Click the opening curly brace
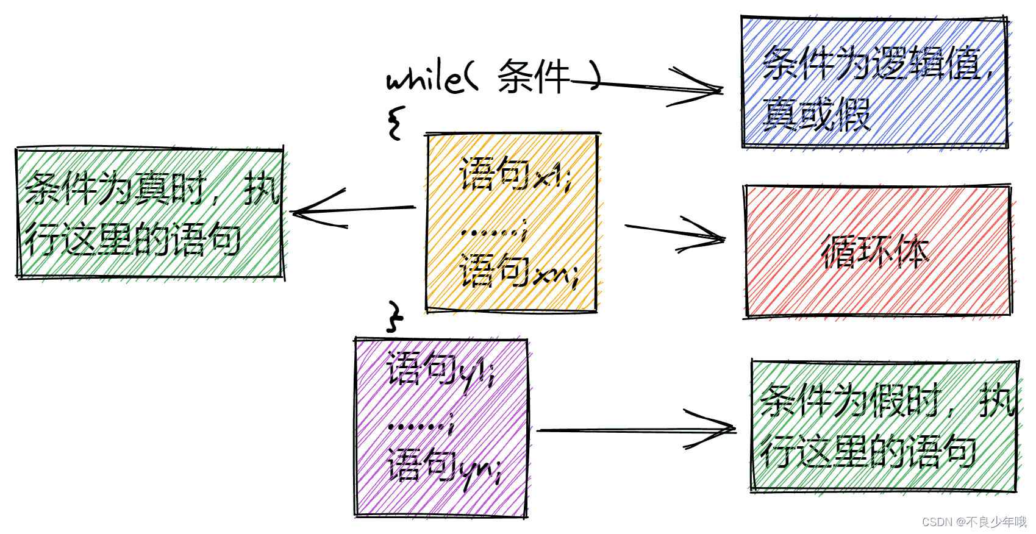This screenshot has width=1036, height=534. [396, 123]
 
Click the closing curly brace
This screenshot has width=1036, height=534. [395, 316]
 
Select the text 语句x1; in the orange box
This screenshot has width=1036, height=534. [515, 174]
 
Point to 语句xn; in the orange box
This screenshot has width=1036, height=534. [518, 272]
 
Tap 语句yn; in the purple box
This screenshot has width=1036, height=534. [445, 466]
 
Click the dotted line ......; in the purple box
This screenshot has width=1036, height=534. [421, 424]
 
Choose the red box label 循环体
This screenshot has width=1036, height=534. [875, 251]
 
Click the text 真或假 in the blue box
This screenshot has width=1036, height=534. [816, 114]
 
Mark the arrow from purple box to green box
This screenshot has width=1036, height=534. [634, 430]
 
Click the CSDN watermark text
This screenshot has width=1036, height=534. [974, 522]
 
